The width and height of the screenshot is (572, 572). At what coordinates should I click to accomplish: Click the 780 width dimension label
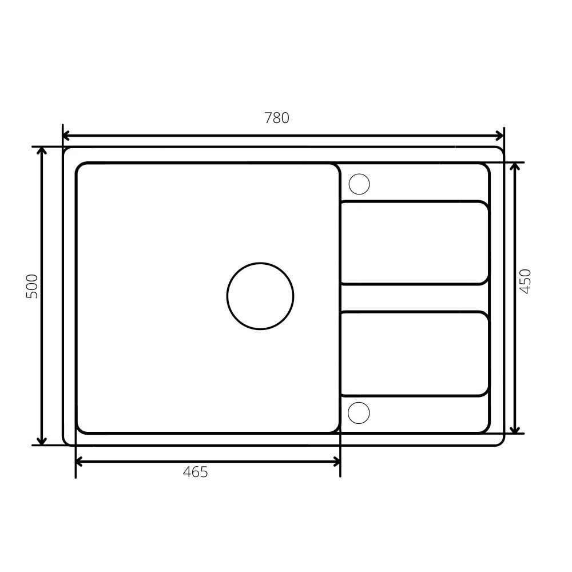coord(276,118)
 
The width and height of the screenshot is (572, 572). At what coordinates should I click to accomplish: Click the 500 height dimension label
coord(32,287)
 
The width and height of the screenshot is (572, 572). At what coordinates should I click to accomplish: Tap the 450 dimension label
coord(525,281)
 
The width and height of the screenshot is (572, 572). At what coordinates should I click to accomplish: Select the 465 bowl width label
coord(195,472)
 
